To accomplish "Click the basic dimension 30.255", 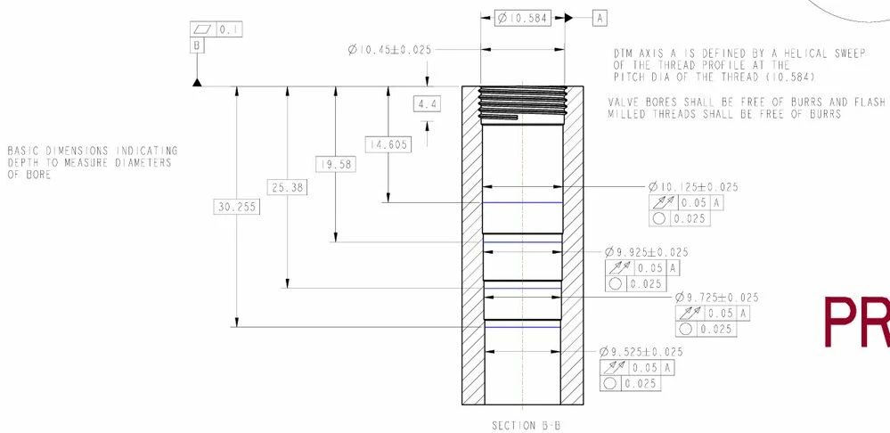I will (x=233, y=207).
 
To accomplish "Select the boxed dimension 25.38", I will (x=286, y=187).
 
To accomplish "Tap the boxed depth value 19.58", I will (x=334, y=165).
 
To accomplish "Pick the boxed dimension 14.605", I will (x=388, y=144).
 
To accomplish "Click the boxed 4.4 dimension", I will (x=428, y=104).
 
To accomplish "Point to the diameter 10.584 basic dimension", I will (x=523, y=18).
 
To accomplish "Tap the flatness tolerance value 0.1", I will (x=229, y=29).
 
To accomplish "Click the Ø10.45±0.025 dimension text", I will (x=389, y=50).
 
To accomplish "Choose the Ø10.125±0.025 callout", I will (x=693, y=187).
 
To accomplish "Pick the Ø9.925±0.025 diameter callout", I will (x=646, y=253).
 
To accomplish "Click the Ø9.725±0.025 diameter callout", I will (x=717, y=298).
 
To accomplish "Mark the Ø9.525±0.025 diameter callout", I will (x=641, y=352).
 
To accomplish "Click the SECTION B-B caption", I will (x=526, y=425).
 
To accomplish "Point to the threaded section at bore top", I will (x=522, y=101).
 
